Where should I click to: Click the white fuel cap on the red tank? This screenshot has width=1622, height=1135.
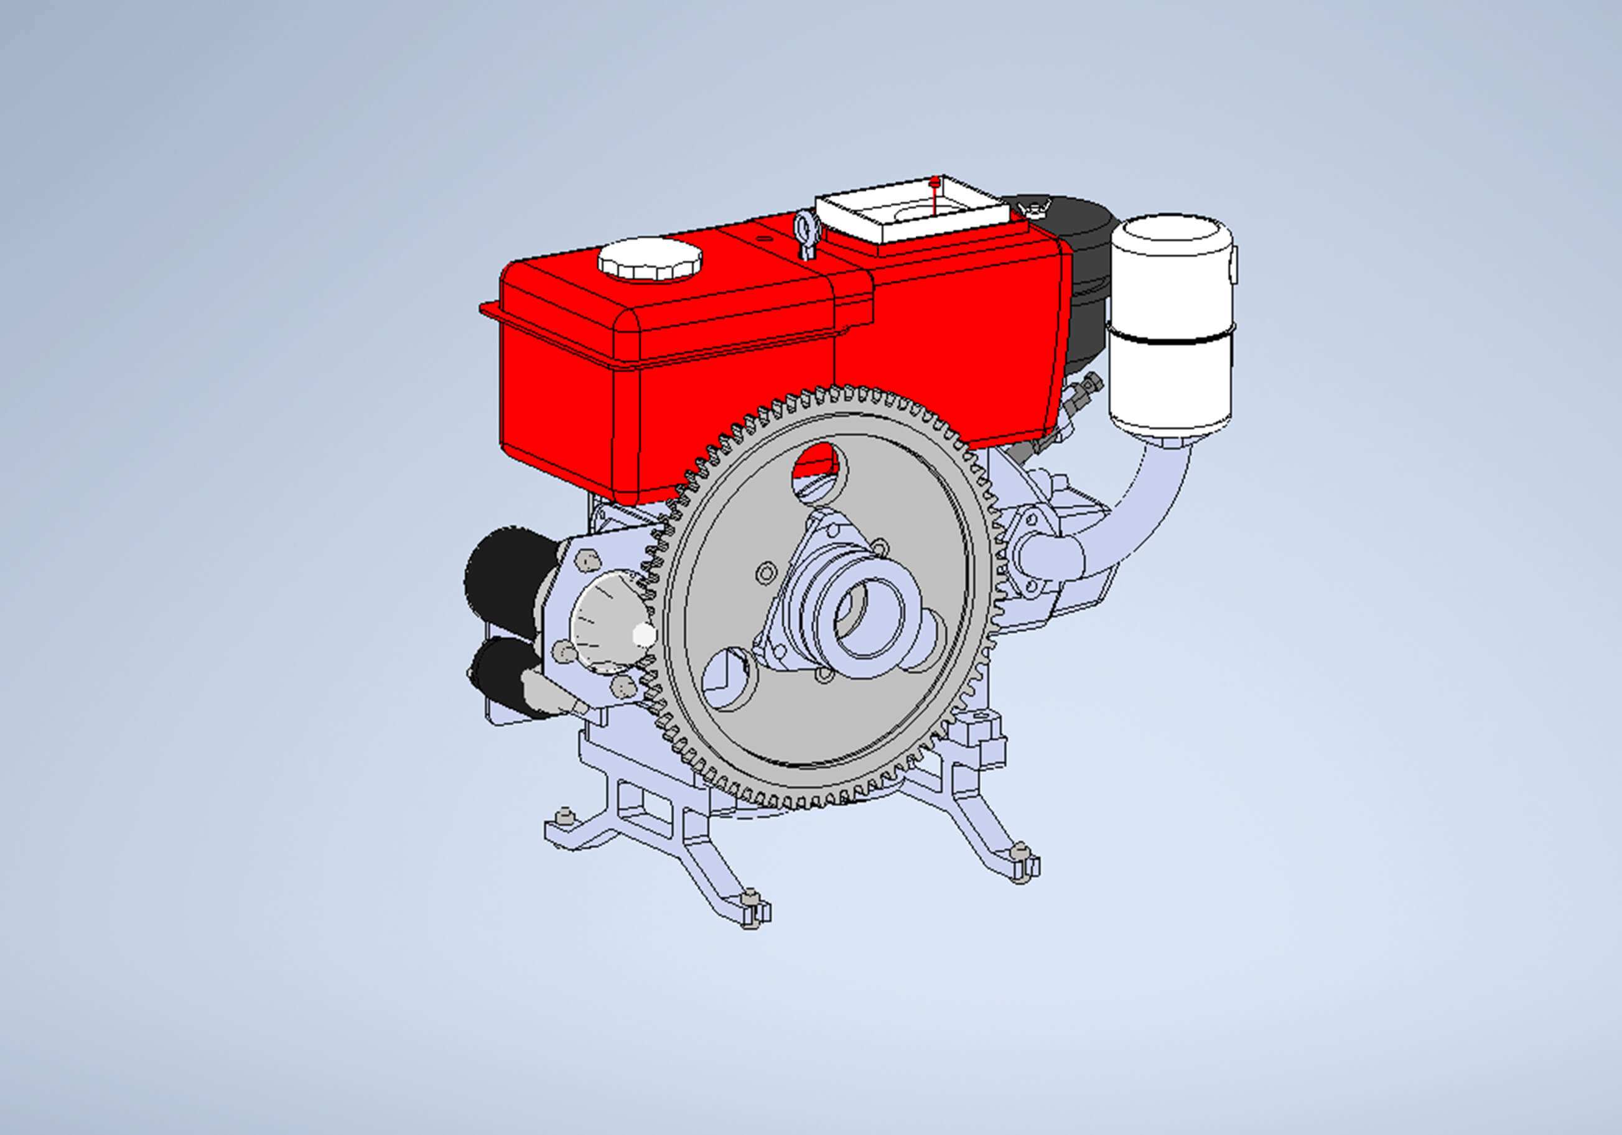coord(650,259)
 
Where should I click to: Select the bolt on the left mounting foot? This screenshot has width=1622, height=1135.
coord(564,817)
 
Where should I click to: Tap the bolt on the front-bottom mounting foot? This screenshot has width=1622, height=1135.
coord(751,896)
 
